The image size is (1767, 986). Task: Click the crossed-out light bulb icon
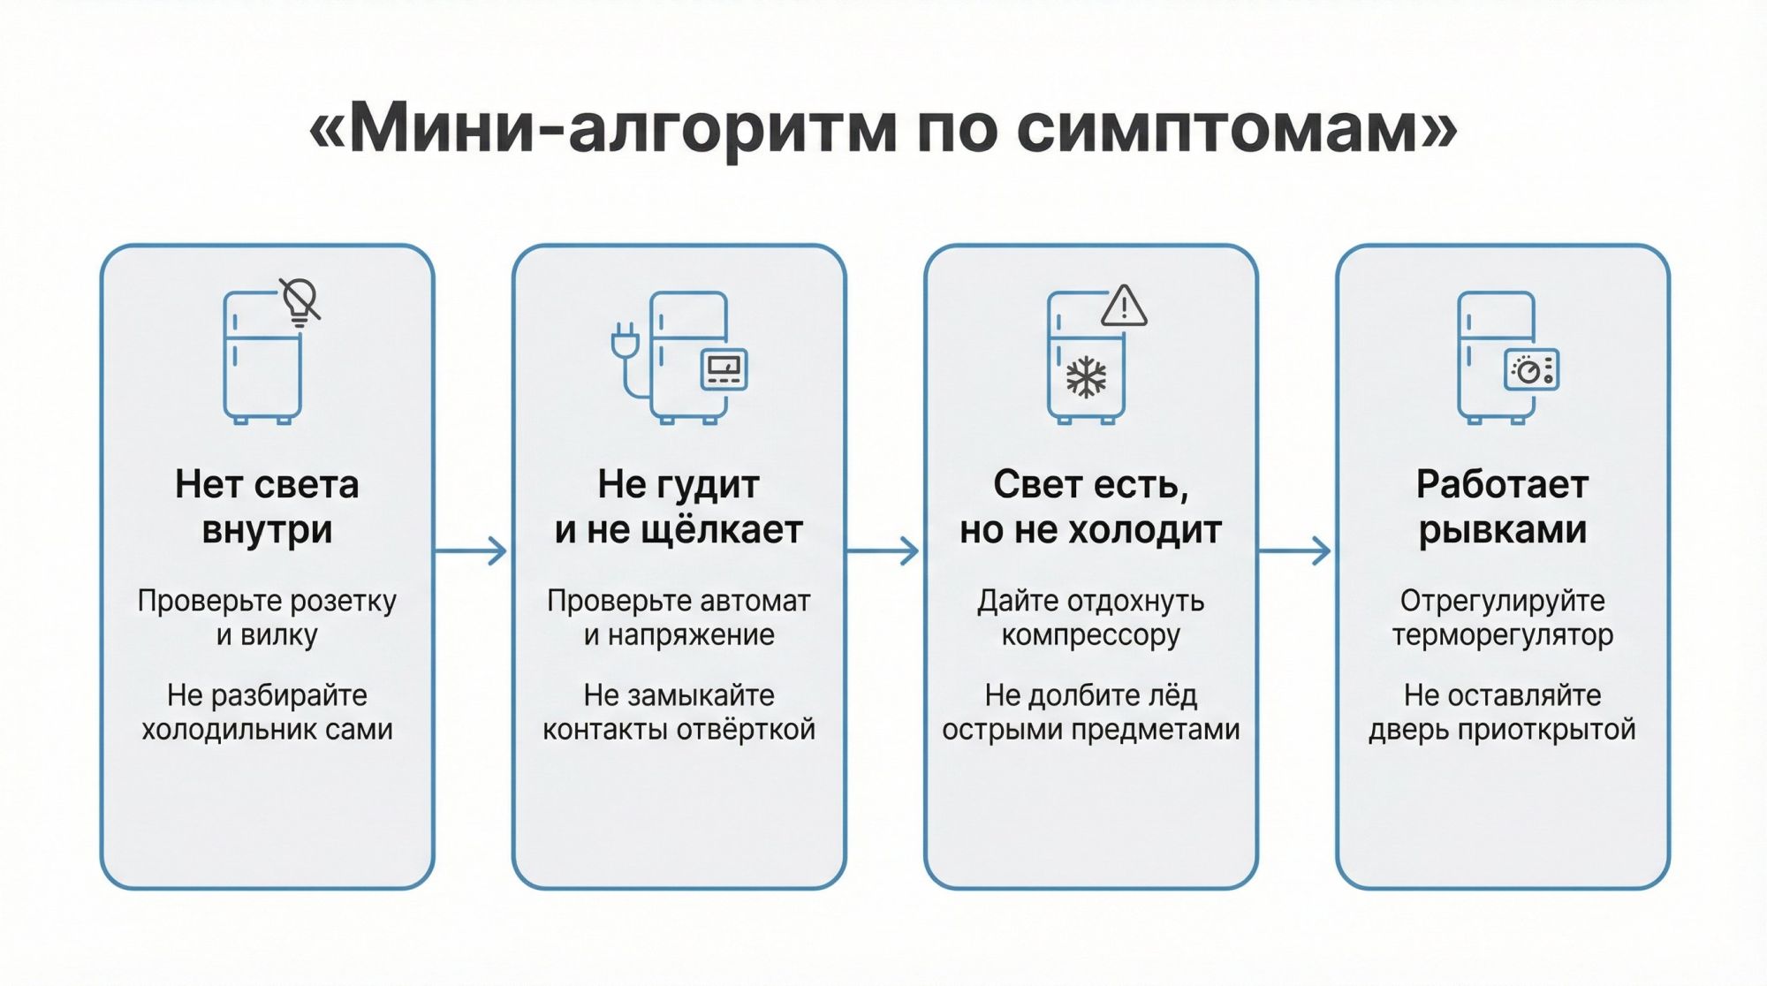click(x=300, y=301)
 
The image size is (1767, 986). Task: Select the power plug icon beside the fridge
click(x=625, y=341)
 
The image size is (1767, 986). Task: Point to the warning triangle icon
click(x=1124, y=307)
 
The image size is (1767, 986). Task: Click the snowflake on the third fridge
click(x=1086, y=377)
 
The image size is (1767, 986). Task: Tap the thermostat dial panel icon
click(x=1531, y=370)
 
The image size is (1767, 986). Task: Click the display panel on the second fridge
click(x=724, y=369)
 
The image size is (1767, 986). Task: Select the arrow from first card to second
click(x=473, y=551)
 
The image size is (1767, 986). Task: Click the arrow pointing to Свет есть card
click(x=884, y=551)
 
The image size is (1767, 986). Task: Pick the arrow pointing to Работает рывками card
click(x=1296, y=551)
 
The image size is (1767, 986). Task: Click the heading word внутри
click(x=267, y=530)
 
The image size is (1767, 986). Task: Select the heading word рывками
click(x=1502, y=530)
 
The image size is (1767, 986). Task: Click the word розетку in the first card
click(x=343, y=602)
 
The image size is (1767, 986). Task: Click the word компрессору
click(x=1090, y=635)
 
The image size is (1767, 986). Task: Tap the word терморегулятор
click(x=1502, y=635)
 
